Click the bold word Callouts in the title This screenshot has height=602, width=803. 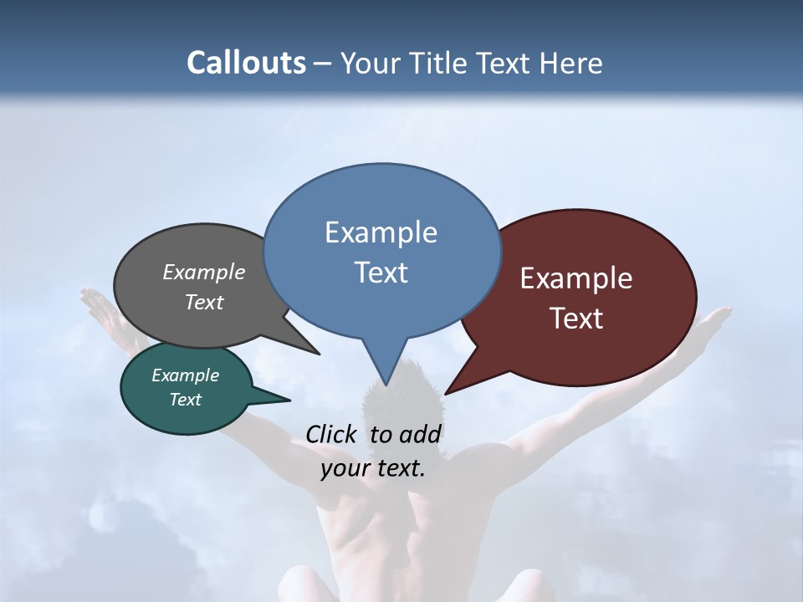pyautogui.click(x=246, y=63)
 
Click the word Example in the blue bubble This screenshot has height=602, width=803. pyautogui.click(x=381, y=232)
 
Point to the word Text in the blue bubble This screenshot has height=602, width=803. pyautogui.click(x=381, y=273)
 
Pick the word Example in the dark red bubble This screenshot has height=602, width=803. pyautogui.click(x=576, y=278)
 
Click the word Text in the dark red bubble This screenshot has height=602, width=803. pyautogui.click(x=576, y=319)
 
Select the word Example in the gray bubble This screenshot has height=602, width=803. pyautogui.click(x=204, y=273)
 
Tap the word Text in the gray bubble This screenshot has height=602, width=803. pyautogui.click(x=204, y=303)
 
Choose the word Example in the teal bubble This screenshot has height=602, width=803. pyautogui.click(x=186, y=375)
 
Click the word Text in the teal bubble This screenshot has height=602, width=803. pyautogui.click(x=186, y=400)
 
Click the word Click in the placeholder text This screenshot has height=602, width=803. pyautogui.click(x=330, y=434)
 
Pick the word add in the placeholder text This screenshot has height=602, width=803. pyautogui.click(x=419, y=434)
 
